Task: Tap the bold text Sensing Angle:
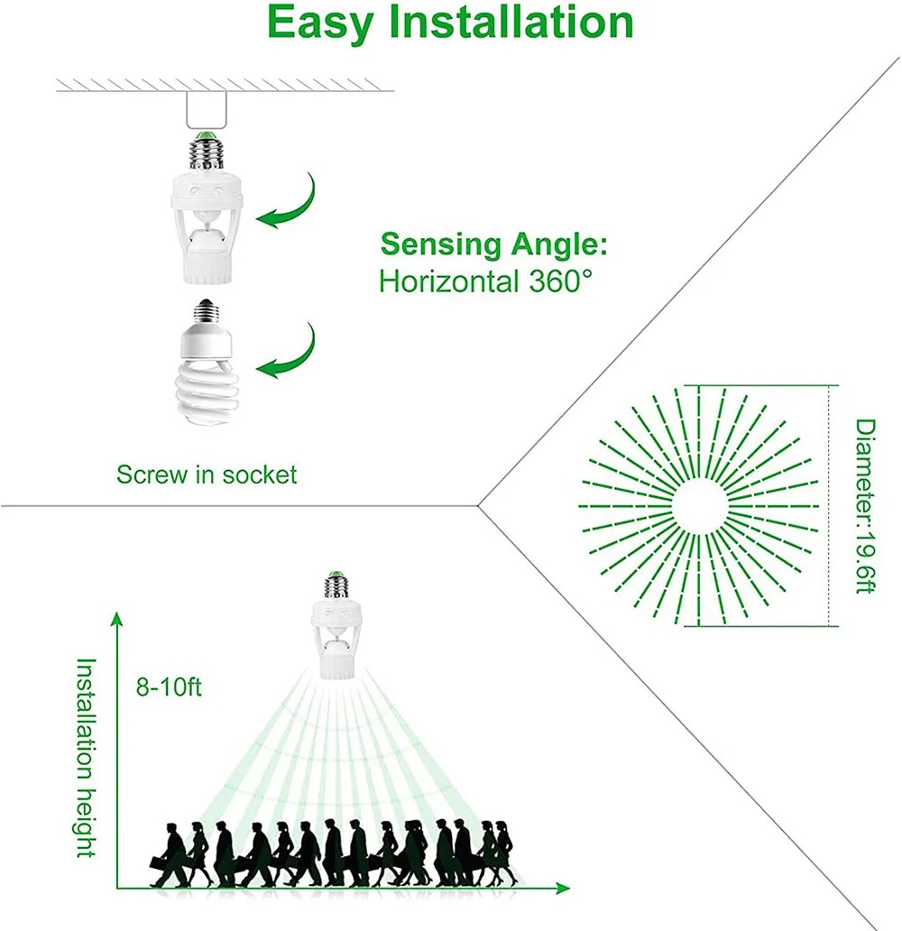[x=493, y=244]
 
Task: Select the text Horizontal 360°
[x=486, y=281]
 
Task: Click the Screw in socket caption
[x=207, y=474]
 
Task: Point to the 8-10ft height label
[x=170, y=687]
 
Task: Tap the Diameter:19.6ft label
[x=865, y=505]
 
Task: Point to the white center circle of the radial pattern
[x=700, y=505]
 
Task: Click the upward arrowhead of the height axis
[x=116, y=618]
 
